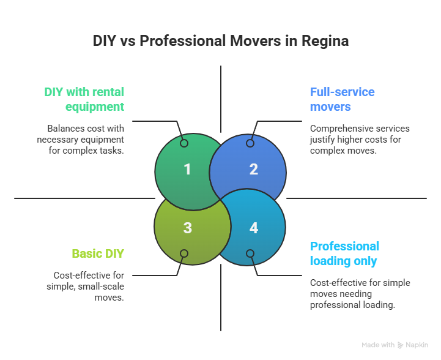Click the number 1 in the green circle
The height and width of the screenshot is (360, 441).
[x=187, y=169]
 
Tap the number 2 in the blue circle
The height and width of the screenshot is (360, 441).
[x=253, y=169]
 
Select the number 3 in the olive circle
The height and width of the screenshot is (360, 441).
[x=187, y=228]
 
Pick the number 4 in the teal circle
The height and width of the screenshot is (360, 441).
[x=253, y=228]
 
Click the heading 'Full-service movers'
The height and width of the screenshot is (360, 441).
[x=342, y=99]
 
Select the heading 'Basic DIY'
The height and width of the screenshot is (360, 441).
[x=98, y=253]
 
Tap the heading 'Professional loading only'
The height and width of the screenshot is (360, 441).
[x=344, y=253]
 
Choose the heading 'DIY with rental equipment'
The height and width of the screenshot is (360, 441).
[x=84, y=99]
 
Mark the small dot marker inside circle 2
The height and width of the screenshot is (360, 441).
[x=250, y=143]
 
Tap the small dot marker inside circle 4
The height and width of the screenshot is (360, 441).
[x=250, y=253]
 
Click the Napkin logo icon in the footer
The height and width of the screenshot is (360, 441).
[x=401, y=345]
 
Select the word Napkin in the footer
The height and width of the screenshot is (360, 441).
[x=418, y=345]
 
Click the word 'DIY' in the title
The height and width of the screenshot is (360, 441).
[x=105, y=42]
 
